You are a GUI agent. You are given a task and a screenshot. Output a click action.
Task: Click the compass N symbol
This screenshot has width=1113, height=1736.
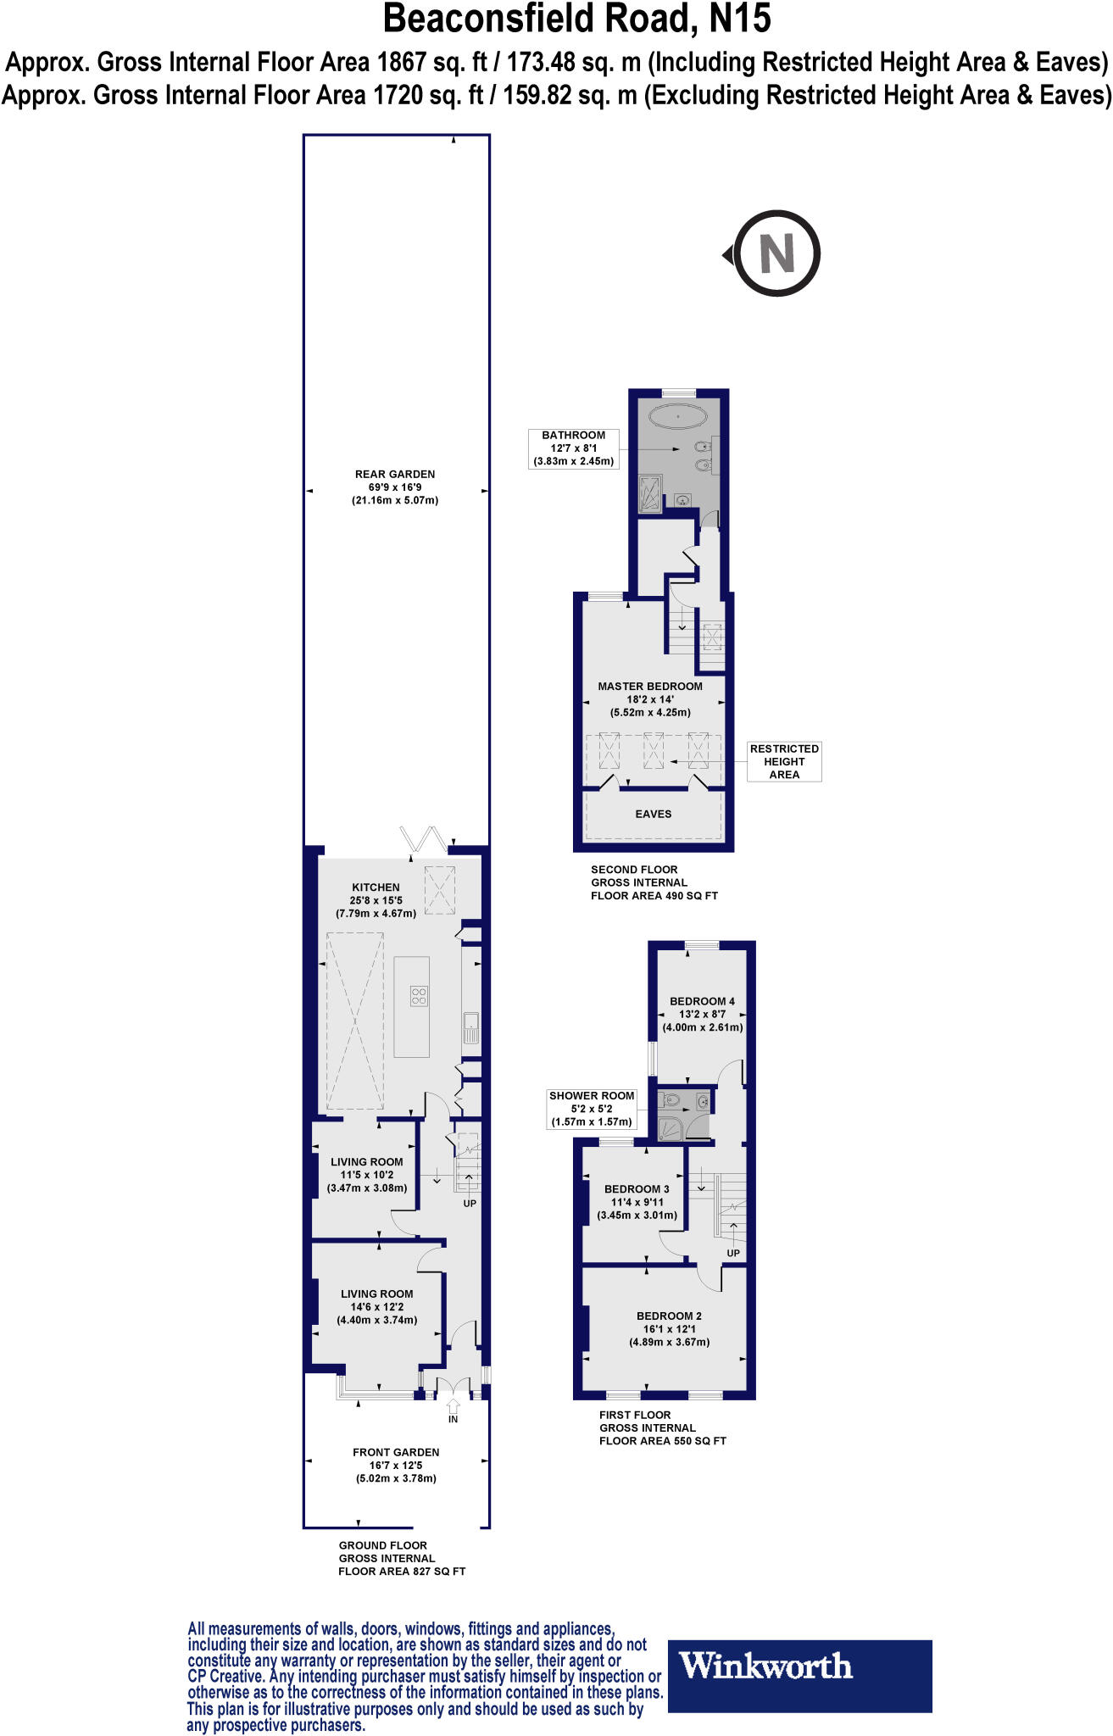pos(776,253)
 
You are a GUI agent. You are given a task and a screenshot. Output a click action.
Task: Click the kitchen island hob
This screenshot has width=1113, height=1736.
pos(419,995)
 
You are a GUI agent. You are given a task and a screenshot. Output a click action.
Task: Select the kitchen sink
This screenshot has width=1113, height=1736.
pos(470,1028)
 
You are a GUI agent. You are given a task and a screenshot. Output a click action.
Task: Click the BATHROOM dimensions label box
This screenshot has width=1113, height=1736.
pos(573,448)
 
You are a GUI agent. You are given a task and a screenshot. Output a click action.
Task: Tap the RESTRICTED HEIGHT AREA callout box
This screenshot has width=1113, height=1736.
pos(784,761)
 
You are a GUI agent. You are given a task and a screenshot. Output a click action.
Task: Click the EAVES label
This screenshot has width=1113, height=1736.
pos(654,814)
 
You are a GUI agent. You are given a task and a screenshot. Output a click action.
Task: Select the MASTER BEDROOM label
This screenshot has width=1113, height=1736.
pos(650,687)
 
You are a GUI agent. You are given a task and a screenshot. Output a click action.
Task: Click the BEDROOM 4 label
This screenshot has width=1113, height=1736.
pos(702,1001)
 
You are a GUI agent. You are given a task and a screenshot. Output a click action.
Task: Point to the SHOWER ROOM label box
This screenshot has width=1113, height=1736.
pos(592,1109)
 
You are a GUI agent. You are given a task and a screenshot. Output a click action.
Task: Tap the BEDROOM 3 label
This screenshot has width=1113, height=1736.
pos(637,1189)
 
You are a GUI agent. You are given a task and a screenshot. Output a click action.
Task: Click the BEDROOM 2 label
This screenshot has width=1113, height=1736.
pos(669,1316)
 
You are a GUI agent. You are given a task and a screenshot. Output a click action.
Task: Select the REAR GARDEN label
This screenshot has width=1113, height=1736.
pos(395,475)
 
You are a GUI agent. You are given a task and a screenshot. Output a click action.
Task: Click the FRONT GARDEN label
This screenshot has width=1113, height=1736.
pos(396,1452)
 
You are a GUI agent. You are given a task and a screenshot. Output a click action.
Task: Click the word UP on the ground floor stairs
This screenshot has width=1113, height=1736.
pos(470,1204)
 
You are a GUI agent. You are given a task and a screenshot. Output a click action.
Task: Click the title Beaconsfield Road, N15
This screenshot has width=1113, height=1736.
pos(577,19)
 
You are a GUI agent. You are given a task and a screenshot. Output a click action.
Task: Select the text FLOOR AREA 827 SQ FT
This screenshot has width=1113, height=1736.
pos(402,1572)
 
